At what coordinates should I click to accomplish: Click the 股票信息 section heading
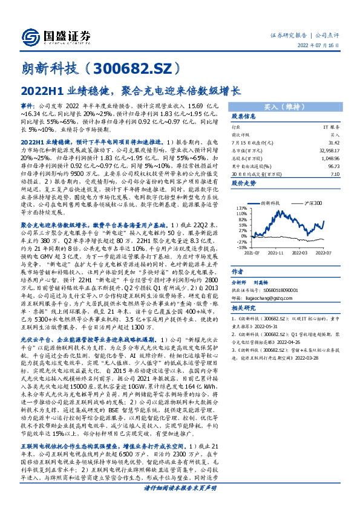(244, 116)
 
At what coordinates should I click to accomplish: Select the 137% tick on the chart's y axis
(241, 209)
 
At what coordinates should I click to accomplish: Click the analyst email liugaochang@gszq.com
(262, 280)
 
